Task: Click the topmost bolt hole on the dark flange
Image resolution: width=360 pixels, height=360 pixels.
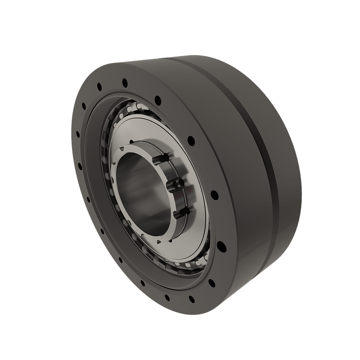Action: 125,83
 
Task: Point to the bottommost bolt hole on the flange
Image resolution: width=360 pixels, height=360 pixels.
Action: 192,299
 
